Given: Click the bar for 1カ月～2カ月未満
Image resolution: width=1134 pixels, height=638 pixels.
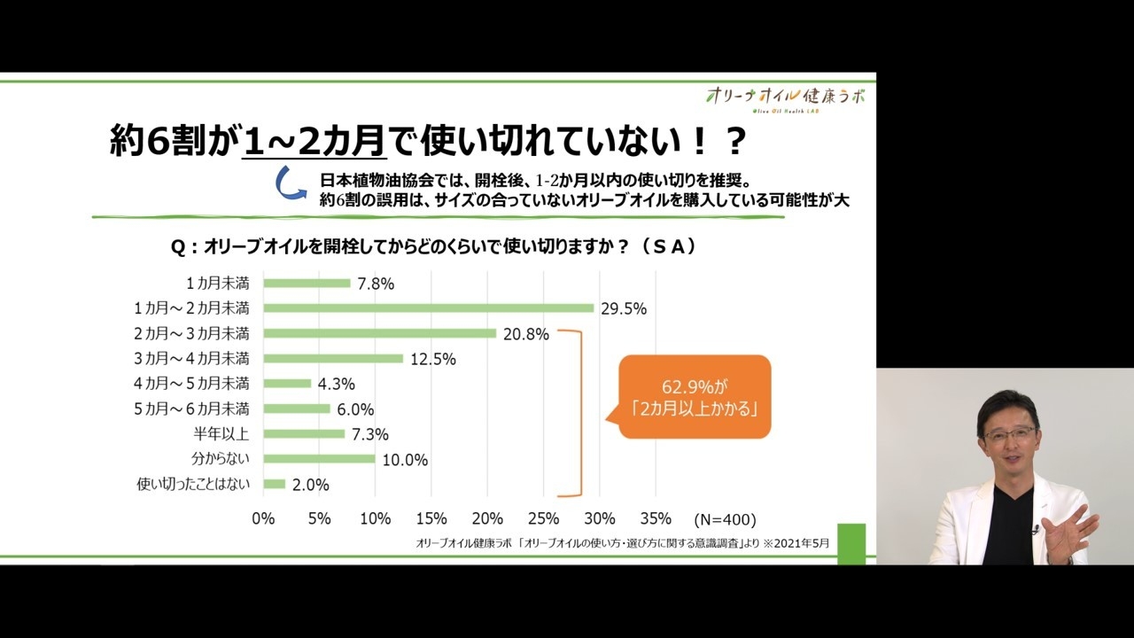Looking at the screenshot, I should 429,308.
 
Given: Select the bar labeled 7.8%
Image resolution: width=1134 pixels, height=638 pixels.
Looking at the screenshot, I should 307,284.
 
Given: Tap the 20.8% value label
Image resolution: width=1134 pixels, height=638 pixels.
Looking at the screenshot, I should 527,335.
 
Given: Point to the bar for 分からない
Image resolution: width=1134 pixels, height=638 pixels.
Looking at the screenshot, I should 319,459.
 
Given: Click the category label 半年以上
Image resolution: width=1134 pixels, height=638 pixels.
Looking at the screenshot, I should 221,433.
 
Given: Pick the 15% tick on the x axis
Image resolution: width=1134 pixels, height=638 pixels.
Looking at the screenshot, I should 431,518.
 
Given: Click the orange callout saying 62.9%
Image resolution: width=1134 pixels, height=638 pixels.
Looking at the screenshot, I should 695,397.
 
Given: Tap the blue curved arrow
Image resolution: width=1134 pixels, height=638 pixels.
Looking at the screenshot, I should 290,183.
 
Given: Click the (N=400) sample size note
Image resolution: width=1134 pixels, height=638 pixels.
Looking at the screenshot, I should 725,519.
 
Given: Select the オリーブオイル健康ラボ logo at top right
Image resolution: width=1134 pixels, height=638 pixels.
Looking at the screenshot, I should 785,97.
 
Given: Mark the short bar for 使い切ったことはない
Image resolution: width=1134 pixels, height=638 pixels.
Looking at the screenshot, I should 275,484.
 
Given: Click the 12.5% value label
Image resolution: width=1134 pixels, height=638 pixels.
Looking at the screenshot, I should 434,360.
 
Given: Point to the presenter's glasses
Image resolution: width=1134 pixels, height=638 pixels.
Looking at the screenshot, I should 1010,435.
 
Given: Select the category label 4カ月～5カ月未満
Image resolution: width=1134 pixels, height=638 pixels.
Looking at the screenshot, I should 191,384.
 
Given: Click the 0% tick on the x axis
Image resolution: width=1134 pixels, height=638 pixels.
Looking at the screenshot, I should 263,518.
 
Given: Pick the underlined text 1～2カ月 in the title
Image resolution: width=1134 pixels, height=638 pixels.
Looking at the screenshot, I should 314,140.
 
